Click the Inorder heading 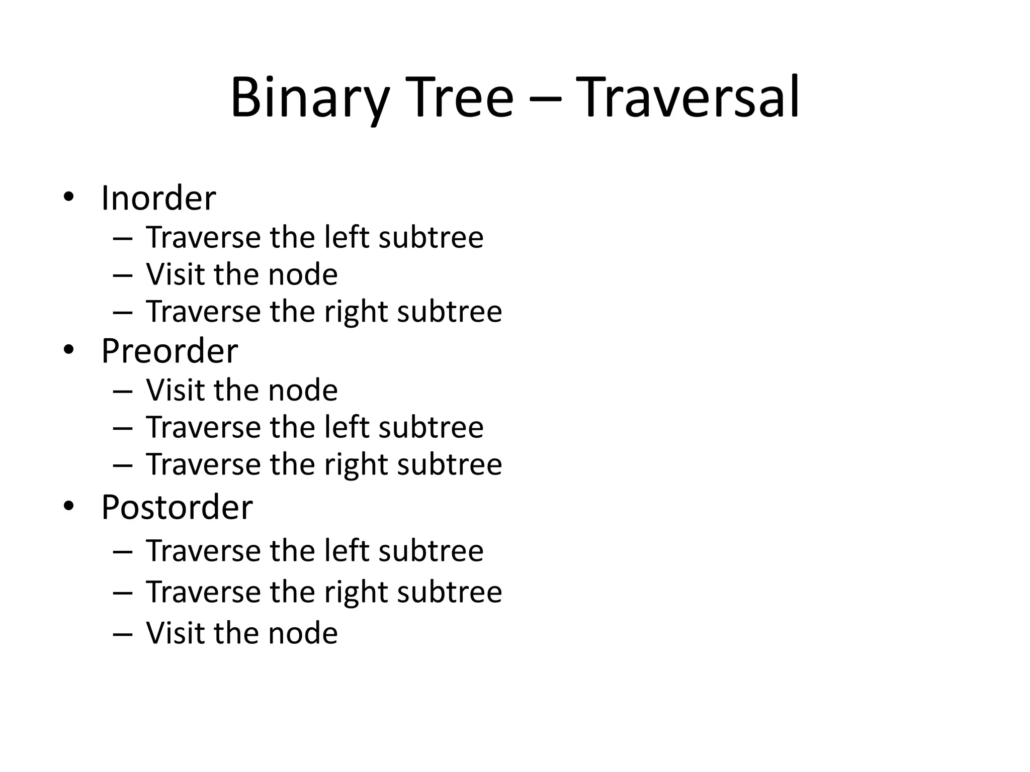(158, 198)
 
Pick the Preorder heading (169, 351)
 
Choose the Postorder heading (177, 507)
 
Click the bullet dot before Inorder (68, 198)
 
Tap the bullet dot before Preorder (68, 350)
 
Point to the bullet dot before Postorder (68, 506)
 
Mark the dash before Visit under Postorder (123, 634)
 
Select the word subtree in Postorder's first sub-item (431, 550)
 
